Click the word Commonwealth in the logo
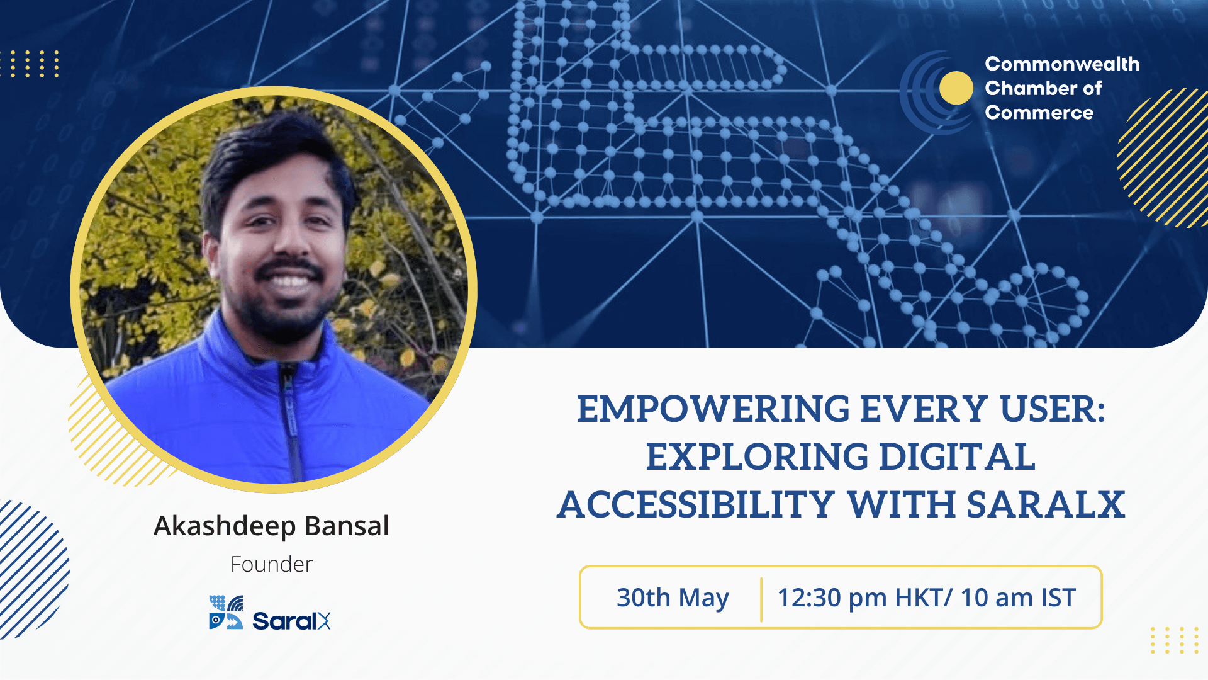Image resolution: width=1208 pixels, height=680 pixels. [1062, 64]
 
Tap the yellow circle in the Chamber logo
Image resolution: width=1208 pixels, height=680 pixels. [956, 88]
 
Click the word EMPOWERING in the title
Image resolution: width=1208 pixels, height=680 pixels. [713, 409]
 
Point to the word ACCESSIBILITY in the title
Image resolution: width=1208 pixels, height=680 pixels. [696, 505]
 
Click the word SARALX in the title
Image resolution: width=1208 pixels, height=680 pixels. [1045, 505]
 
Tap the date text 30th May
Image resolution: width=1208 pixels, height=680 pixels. [673, 598]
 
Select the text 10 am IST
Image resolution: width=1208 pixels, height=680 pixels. [1018, 598]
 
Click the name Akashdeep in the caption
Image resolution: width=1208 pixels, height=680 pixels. [225, 526]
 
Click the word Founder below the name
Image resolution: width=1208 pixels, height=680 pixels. [271, 565]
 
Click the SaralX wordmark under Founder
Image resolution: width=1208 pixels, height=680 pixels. [291, 621]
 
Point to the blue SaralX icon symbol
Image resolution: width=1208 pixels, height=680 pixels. [225, 613]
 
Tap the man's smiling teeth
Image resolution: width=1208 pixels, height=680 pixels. [289, 281]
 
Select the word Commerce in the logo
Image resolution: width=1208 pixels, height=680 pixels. [1039, 113]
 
